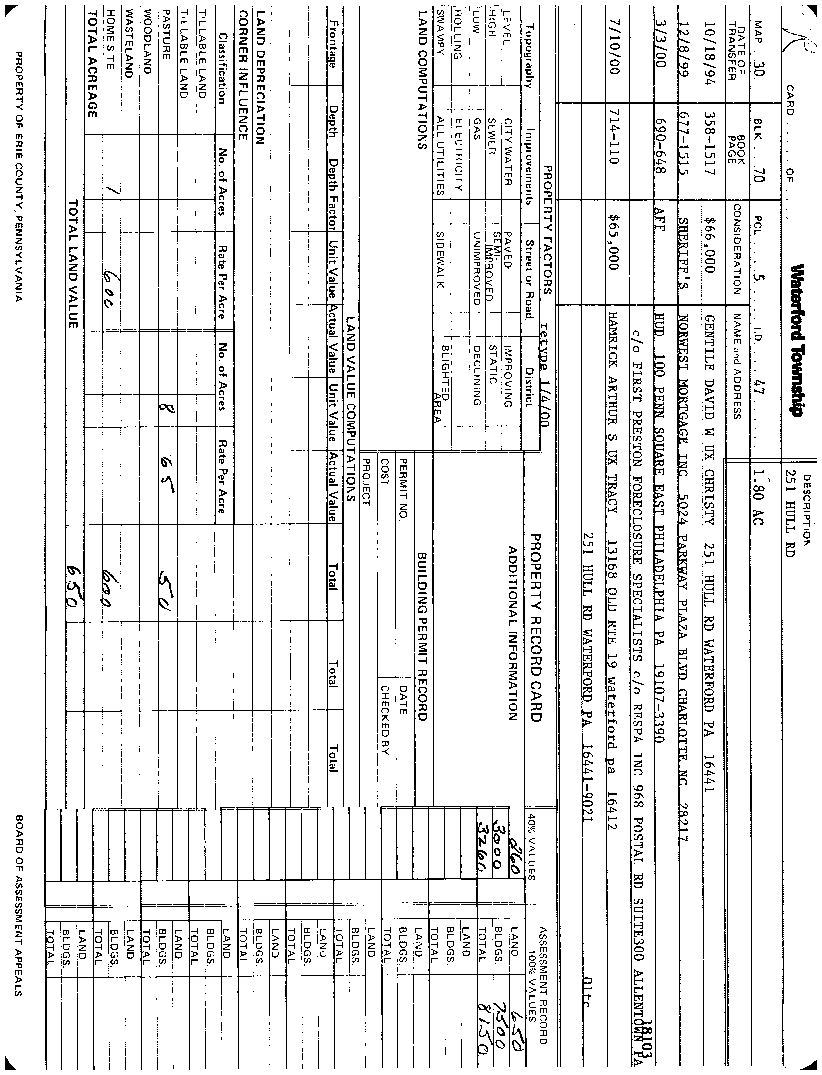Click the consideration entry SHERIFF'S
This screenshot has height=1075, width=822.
point(682,255)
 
